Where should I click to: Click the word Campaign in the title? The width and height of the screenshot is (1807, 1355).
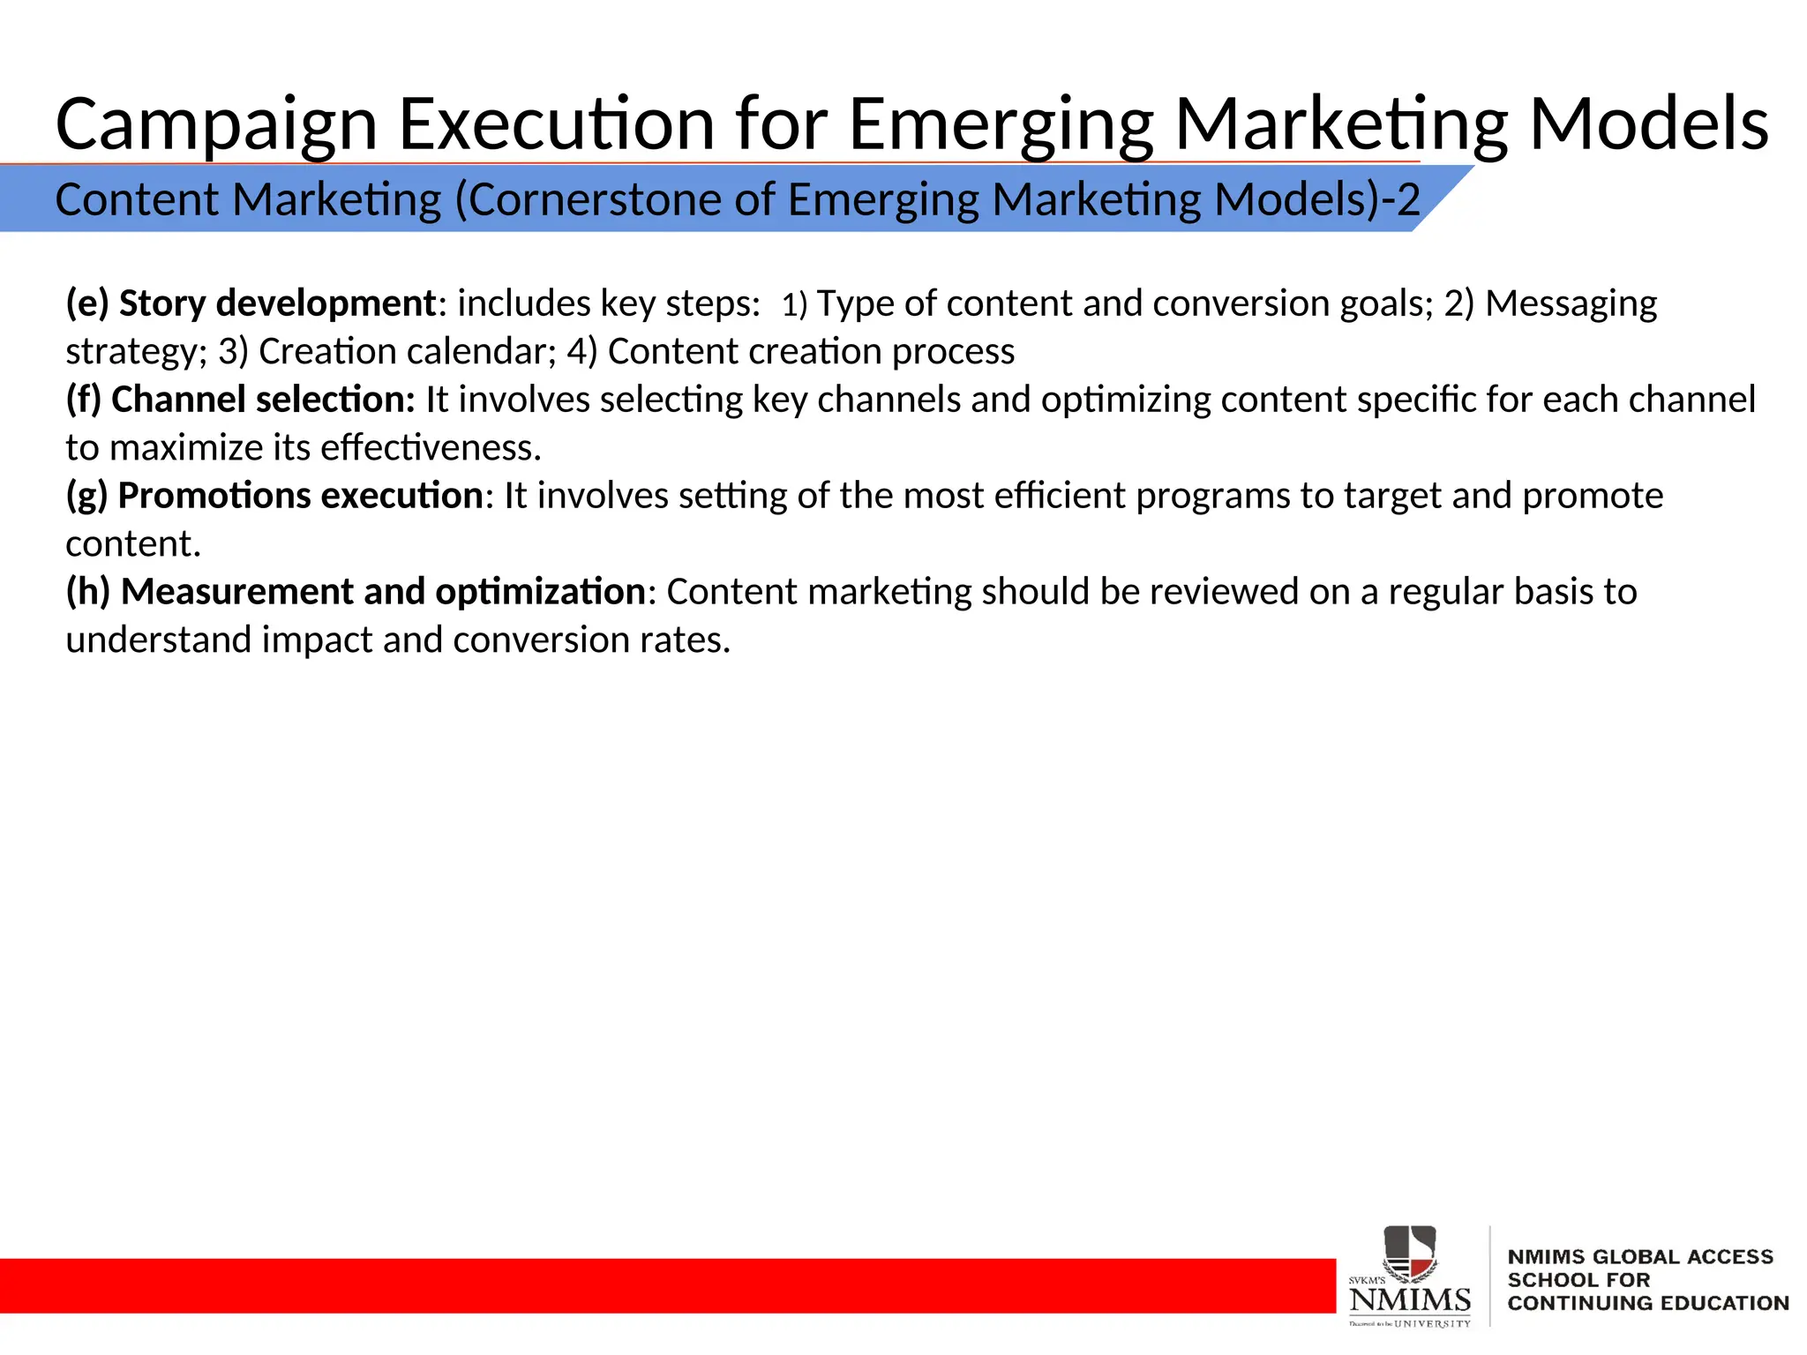(216, 125)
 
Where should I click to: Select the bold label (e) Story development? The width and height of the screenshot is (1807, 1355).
(251, 303)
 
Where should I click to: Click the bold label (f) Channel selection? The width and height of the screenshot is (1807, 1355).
(240, 400)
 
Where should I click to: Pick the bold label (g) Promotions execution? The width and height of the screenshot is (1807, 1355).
(274, 496)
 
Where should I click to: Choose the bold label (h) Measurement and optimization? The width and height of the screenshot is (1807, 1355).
(356, 592)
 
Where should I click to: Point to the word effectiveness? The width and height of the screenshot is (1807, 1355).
(430, 448)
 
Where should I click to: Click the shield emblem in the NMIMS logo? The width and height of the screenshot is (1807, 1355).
(1409, 1251)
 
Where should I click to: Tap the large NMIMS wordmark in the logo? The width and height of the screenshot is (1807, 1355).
(1409, 1299)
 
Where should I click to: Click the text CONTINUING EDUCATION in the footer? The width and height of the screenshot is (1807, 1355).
(1647, 1303)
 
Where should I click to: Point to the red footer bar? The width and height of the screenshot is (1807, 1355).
(662, 1285)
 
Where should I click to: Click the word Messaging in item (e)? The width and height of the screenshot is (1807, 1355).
(1571, 303)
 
